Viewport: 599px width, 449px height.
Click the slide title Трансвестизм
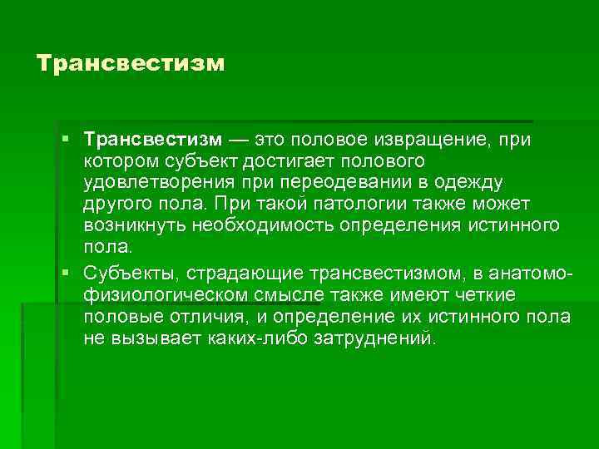tap(131, 63)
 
